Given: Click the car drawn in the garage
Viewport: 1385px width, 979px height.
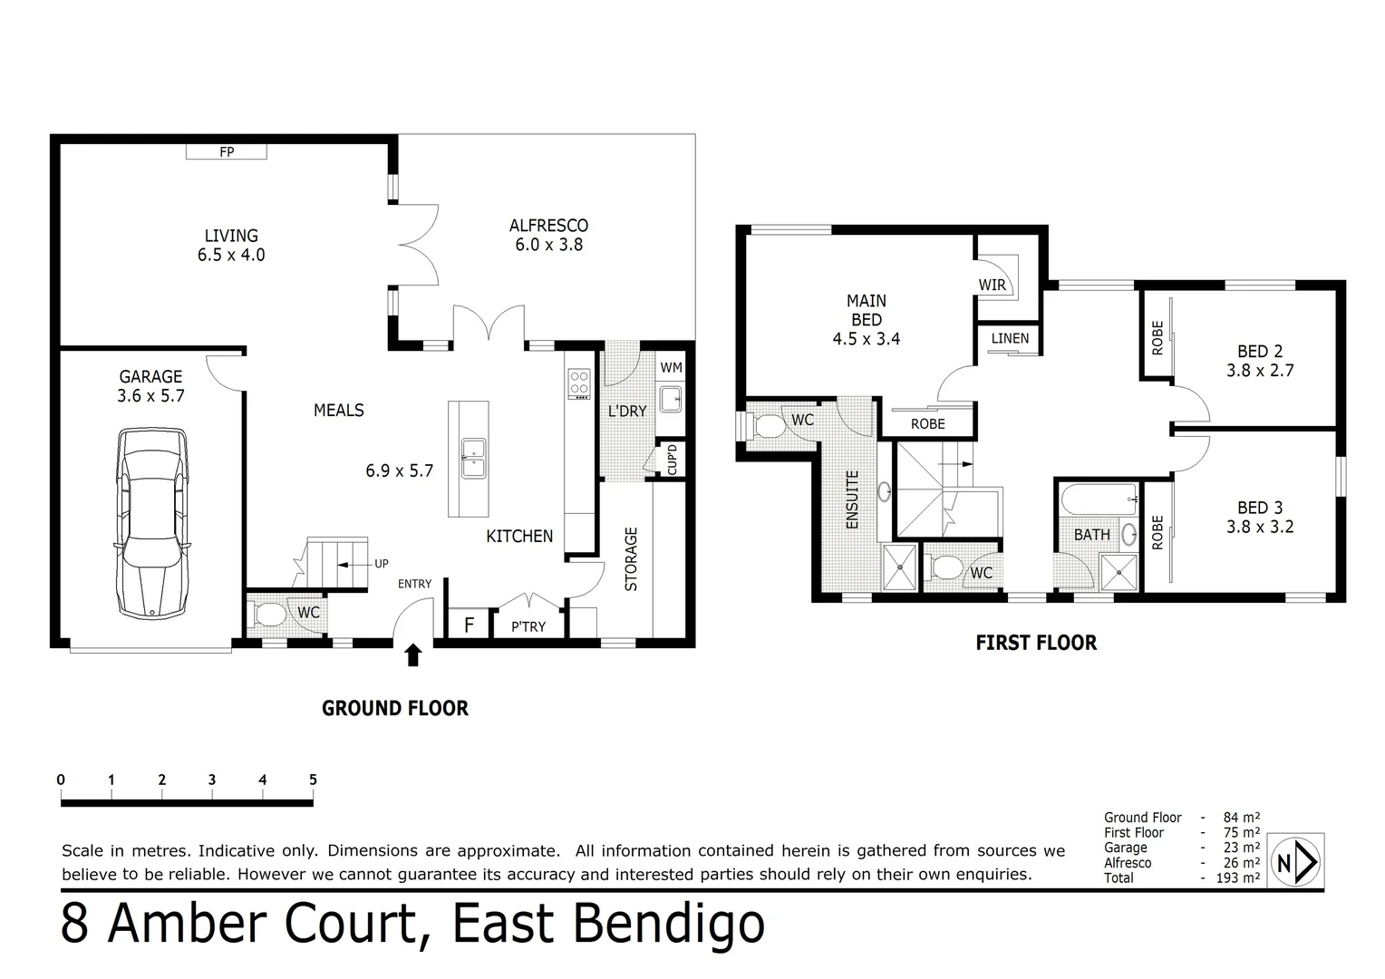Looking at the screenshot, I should [x=152, y=524].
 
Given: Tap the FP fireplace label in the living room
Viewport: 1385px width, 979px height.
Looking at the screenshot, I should [x=227, y=152].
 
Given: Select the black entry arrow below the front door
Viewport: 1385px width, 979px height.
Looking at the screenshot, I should [x=413, y=655].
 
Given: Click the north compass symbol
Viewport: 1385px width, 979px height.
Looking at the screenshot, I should [x=1296, y=862].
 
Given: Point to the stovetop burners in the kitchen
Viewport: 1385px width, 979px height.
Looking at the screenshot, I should [x=578, y=384].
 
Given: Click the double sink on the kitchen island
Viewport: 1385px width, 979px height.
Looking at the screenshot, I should [x=473, y=458].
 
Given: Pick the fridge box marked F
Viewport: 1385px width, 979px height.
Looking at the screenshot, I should [x=469, y=625].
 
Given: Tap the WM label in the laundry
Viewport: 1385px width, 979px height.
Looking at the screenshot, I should [x=671, y=367].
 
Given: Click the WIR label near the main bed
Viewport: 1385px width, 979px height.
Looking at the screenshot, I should [x=992, y=285].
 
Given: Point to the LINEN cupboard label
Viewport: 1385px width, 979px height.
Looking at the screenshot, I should [x=1010, y=338].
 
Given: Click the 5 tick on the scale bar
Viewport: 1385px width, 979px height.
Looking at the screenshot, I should [x=313, y=780].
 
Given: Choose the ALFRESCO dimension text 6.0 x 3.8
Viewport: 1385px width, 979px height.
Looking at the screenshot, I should [x=548, y=245].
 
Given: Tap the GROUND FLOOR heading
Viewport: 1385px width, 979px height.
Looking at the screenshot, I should [x=395, y=709].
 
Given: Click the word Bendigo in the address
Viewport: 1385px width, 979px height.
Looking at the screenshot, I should [x=673, y=925].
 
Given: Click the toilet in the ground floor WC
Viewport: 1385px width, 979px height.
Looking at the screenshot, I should [x=268, y=614].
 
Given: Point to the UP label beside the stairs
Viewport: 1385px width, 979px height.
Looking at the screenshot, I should [x=382, y=564].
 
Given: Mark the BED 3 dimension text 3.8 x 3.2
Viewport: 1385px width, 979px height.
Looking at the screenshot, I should [x=1259, y=527].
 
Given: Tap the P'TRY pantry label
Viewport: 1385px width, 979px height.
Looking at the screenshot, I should [x=528, y=626].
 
